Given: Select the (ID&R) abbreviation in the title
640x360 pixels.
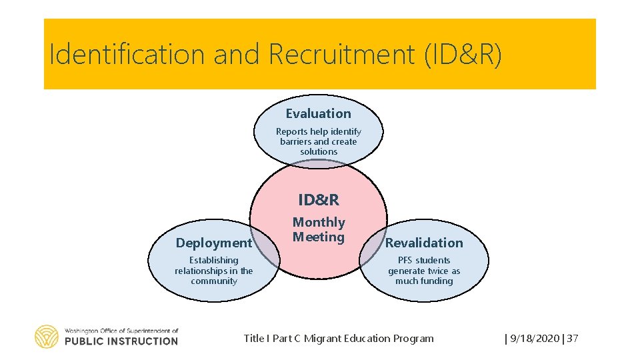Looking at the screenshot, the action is click(x=463, y=55).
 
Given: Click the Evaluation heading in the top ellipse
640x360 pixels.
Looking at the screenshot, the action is click(x=318, y=114).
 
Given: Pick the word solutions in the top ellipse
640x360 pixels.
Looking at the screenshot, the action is click(x=319, y=152).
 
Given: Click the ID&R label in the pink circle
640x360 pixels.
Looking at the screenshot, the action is click(x=319, y=200).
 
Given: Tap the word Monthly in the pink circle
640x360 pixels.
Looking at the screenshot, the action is click(x=319, y=222).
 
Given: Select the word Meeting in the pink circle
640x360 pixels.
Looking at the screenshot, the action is click(x=319, y=237).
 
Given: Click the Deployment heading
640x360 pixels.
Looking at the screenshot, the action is click(x=213, y=243).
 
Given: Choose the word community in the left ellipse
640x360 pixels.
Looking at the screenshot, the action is click(x=214, y=281).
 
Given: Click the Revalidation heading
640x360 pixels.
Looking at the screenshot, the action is click(x=424, y=243).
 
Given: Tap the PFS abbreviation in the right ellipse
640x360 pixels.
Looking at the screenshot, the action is click(x=407, y=261).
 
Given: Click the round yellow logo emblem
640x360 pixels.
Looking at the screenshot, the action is click(x=47, y=337).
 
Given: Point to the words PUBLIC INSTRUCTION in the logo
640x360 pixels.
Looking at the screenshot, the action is click(x=121, y=341).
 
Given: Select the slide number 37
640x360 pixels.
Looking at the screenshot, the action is click(x=573, y=339).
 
